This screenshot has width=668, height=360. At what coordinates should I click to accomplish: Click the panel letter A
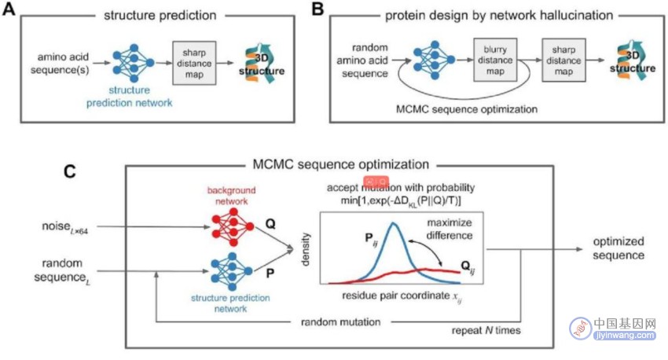pos(9,9)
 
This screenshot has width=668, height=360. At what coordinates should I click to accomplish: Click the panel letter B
pos(318,9)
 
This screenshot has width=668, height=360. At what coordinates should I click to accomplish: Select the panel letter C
pos(69,171)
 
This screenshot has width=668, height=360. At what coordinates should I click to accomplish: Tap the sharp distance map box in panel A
pos(194,63)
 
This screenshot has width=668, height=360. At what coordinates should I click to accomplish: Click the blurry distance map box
pos(495,60)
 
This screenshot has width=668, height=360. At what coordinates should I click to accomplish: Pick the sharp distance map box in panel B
pos(563,60)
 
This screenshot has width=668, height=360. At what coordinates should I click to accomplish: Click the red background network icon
pos(233,226)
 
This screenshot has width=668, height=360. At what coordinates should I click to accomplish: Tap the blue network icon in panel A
pos(134,63)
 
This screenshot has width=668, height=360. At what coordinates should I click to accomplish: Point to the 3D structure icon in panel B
pos(633,61)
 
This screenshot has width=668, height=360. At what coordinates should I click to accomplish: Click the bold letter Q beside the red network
pos(270,224)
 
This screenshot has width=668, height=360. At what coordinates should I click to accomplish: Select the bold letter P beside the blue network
pos(270,273)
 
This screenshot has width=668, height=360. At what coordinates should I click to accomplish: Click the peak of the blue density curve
pos(393,222)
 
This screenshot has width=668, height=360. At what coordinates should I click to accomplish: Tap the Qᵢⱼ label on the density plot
pos(468,268)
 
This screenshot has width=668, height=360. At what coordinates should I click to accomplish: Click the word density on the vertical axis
pos(306,249)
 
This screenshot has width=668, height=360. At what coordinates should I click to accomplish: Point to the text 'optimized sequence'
pos(618,248)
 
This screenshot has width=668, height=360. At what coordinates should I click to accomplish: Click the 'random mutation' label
pos(341,322)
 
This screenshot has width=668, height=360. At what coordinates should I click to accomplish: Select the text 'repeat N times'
pos(486,331)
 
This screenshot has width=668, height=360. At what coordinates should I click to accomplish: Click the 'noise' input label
pos(64,227)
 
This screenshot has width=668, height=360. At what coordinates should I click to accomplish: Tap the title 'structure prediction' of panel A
pos(160,16)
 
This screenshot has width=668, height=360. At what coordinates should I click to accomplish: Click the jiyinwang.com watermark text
pos(625,336)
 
